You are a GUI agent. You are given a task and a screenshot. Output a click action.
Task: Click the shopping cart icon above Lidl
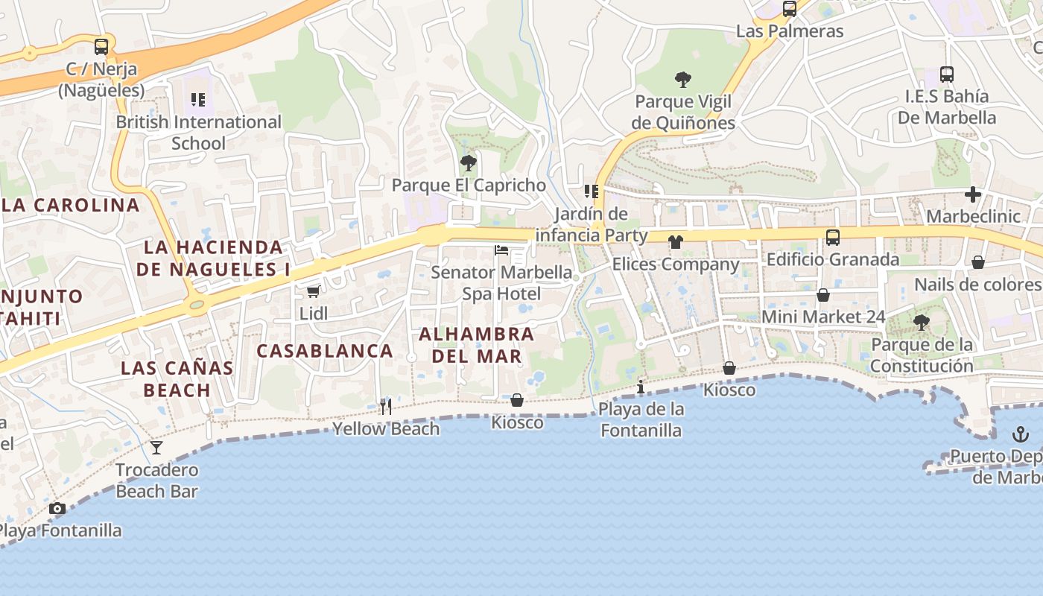(x=313, y=291)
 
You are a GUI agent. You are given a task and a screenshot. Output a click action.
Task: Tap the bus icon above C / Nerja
(x=101, y=46)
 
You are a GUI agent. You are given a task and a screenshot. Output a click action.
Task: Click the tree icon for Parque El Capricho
(x=468, y=162)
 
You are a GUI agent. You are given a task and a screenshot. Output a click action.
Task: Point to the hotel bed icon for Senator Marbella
(x=501, y=250)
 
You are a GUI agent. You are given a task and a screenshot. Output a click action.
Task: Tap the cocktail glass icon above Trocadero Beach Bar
(x=156, y=447)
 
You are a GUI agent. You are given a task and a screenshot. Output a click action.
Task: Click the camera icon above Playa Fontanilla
(x=57, y=508)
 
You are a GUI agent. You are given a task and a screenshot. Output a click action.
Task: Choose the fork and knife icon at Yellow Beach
(x=385, y=406)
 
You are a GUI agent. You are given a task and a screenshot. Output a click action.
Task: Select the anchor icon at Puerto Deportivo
(x=1020, y=434)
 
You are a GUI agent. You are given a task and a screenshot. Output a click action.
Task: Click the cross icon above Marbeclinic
(x=972, y=194)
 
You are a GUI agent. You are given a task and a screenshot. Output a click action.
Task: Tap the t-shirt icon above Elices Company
(x=675, y=241)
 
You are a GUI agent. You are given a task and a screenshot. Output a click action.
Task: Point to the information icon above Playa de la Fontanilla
(x=641, y=387)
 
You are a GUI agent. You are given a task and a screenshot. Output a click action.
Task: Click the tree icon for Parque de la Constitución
(x=922, y=322)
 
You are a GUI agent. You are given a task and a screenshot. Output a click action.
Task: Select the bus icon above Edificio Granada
(x=832, y=238)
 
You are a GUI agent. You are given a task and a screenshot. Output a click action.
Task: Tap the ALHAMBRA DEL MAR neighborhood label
(x=476, y=345)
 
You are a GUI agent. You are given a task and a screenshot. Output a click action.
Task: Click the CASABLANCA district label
(x=325, y=351)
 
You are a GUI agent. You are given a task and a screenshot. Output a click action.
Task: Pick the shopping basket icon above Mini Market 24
(x=823, y=295)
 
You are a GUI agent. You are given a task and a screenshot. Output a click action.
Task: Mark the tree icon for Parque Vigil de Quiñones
(x=682, y=79)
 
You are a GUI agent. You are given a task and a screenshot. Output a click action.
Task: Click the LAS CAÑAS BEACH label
(x=177, y=378)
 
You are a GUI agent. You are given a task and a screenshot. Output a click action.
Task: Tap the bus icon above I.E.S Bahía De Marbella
(x=946, y=74)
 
